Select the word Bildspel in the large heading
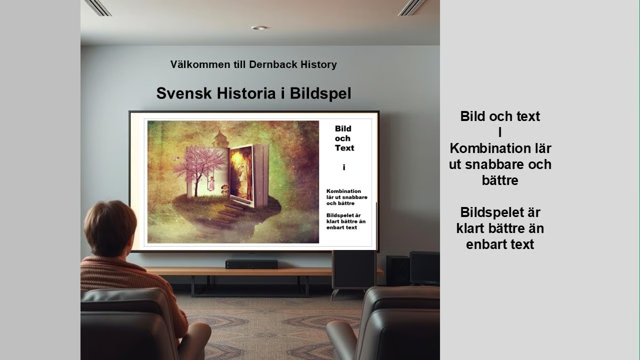(320, 93)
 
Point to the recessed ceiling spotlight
(259, 27)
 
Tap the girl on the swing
(211, 183)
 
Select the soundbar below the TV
(251, 264)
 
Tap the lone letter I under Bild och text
(500, 132)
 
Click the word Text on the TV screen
(344, 148)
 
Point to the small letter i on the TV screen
(344, 167)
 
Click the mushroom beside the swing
(225, 189)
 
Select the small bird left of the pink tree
(177, 157)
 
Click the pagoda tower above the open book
(220, 139)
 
